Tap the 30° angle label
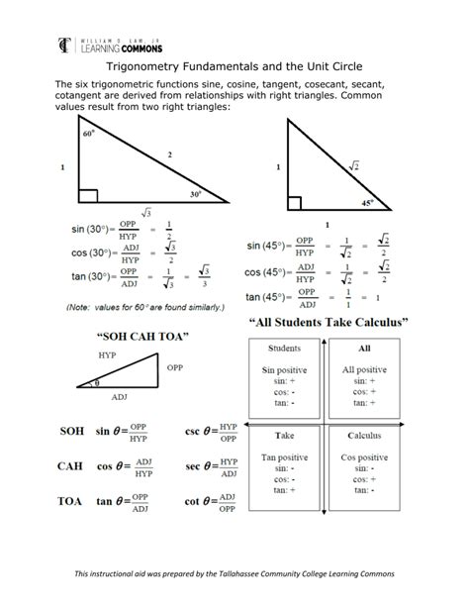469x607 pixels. coord(197,194)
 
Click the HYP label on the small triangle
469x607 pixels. coord(108,354)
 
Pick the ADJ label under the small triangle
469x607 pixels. coord(119,396)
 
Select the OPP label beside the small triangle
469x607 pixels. coord(174,367)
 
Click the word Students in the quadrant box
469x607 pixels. coord(284,349)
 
